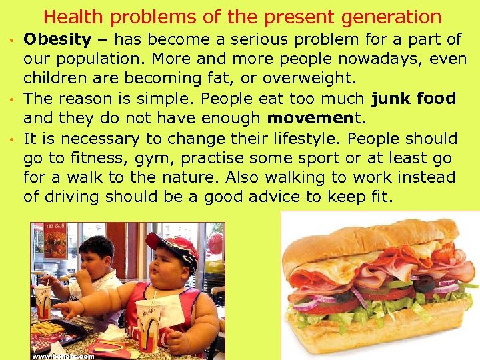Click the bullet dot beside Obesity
click(x=13, y=41)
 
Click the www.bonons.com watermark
click(x=64, y=355)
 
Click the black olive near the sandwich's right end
click(x=422, y=284)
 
